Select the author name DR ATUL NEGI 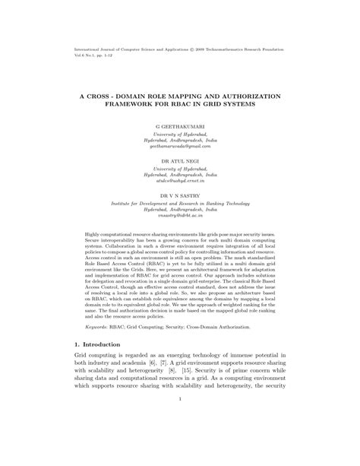click(180, 161)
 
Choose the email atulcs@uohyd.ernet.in click(180, 185)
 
